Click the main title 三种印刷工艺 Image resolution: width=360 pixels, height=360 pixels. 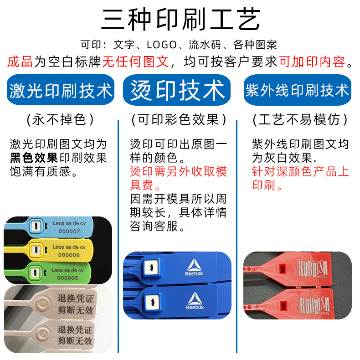(180, 20)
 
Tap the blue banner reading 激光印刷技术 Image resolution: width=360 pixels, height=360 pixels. (61, 90)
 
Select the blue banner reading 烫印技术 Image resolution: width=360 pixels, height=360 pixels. (177, 90)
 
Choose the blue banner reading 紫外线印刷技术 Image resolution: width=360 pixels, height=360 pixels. (297, 90)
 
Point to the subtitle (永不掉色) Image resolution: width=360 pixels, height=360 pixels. (61, 120)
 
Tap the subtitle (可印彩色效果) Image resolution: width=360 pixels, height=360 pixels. (179, 120)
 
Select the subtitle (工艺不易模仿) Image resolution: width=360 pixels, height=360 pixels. (300, 120)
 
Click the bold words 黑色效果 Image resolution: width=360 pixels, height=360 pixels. (34, 158)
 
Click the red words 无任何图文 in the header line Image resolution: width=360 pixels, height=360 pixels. (135, 61)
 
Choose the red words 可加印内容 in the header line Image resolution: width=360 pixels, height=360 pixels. (312, 61)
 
